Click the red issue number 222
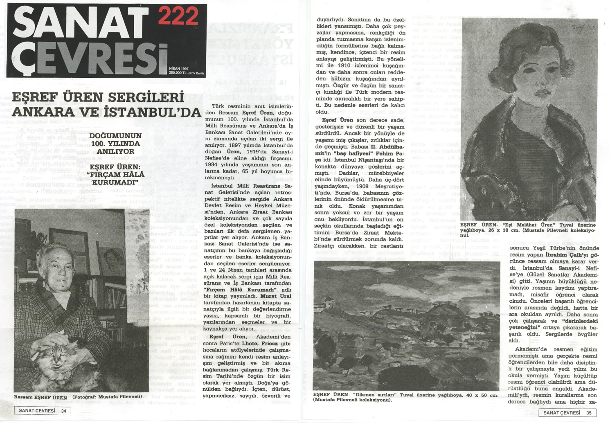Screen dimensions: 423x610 178,17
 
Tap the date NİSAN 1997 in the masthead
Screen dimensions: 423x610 179,69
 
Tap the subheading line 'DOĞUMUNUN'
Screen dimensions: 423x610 115,136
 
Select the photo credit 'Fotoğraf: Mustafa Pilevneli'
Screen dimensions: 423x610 107,397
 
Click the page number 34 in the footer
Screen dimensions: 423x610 64,411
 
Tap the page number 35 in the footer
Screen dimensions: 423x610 589,413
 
